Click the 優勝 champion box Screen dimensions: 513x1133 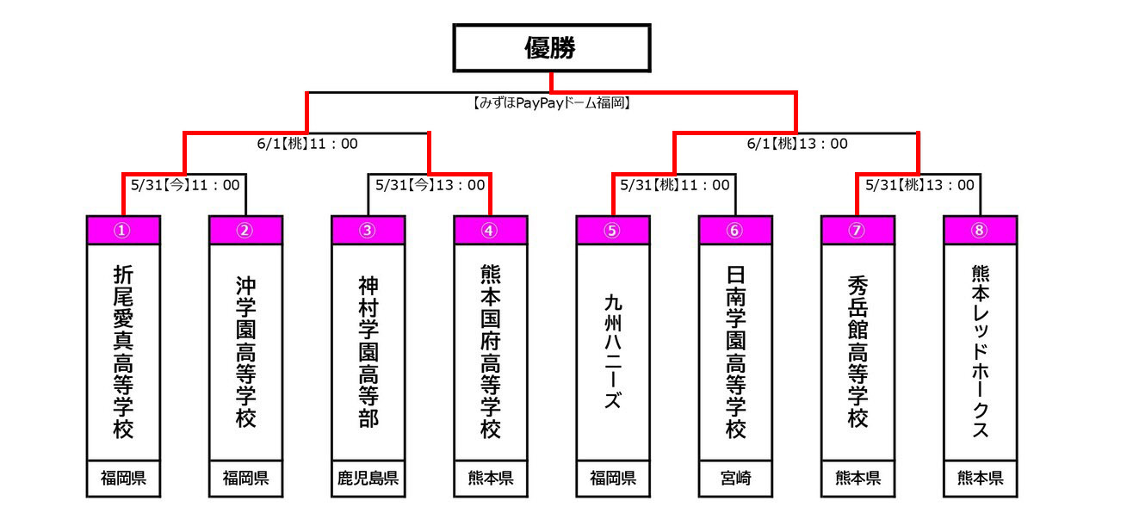(x=551, y=48)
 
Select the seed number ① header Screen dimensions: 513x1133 (x=124, y=230)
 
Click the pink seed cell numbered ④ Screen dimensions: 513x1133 (x=490, y=230)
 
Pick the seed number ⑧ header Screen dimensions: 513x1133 (x=980, y=230)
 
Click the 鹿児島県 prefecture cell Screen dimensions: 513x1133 (x=368, y=479)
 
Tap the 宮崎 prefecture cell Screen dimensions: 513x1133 (x=735, y=479)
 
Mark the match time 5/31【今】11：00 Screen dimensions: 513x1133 (x=185, y=184)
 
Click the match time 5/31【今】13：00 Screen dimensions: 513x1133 (x=430, y=184)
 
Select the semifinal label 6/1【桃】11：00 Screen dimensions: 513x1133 (x=307, y=144)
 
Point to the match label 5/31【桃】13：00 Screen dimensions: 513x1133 (x=919, y=184)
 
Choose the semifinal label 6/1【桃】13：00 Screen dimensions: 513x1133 (x=797, y=144)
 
